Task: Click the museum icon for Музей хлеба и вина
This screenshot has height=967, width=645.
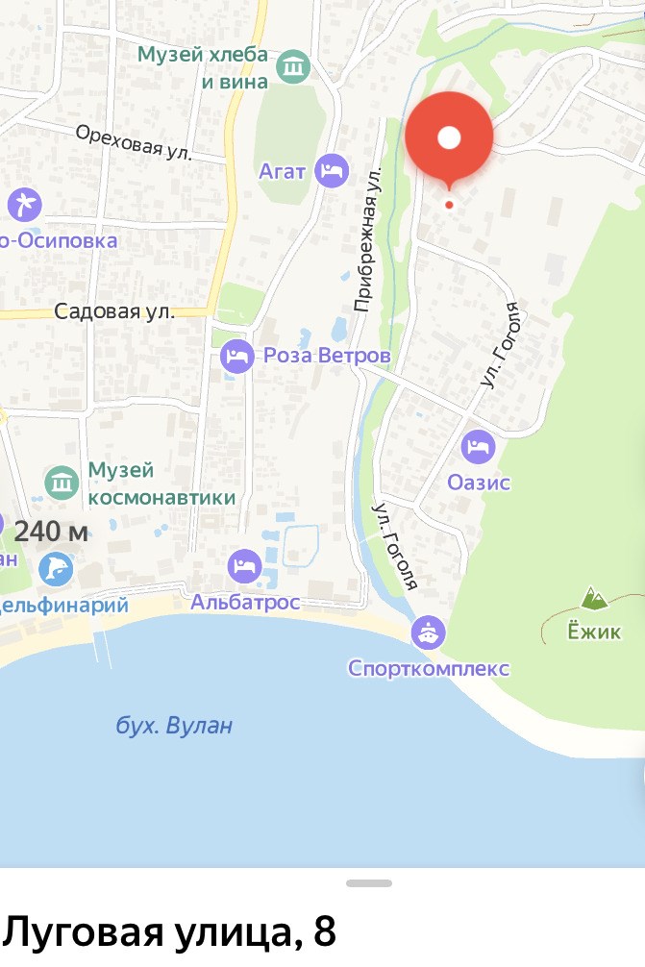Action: click(x=292, y=67)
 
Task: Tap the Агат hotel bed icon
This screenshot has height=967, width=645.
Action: click(x=332, y=171)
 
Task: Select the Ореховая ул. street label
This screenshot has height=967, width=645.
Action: click(x=136, y=141)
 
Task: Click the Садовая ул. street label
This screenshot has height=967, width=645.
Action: click(x=114, y=311)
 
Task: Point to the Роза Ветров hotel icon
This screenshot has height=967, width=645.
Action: click(x=236, y=357)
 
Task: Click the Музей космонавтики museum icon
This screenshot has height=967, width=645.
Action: click(x=62, y=483)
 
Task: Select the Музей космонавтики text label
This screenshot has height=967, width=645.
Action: click(x=161, y=483)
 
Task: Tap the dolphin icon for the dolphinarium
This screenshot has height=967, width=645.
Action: click(x=56, y=568)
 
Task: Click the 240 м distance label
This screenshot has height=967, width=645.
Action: click(x=51, y=532)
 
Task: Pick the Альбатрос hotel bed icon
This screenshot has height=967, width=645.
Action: click(x=244, y=564)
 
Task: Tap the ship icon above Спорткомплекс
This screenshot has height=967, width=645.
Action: click(x=428, y=632)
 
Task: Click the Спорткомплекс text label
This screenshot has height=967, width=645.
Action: click(x=429, y=668)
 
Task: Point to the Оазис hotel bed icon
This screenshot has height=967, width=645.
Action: click(x=478, y=446)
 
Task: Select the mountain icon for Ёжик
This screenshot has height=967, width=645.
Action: click(x=594, y=600)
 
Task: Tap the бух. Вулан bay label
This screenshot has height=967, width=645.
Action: click(x=174, y=725)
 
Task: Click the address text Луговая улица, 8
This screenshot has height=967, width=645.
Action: click(x=169, y=931)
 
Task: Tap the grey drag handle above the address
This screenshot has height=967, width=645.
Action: click(x=369, y=882)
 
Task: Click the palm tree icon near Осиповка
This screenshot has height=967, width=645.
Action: click(x=23, y=204)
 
